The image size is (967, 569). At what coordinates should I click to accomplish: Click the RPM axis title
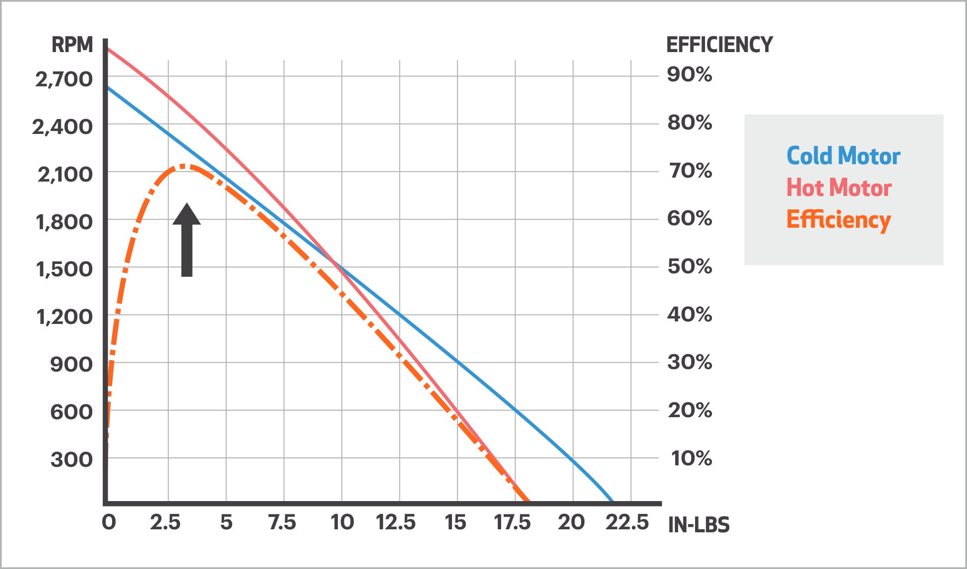[x=72, y=45]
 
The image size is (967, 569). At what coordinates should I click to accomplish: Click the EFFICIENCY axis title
[x=719, y=45]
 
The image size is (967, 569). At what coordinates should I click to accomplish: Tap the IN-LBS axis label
[x=699, y=525]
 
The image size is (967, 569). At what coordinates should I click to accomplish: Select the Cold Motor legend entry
[x=843, y=156]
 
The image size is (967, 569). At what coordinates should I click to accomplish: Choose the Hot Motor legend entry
[x=839, y=188]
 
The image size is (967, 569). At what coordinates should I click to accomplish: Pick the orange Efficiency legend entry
[x=838, y=220]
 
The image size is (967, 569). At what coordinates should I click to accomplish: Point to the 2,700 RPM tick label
[x=64, y=79]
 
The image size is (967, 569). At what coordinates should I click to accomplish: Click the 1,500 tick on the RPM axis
[x=64, y=269]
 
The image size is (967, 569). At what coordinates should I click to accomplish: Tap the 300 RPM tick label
[x=71, y=459]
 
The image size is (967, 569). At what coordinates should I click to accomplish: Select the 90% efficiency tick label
[x=689, y=74]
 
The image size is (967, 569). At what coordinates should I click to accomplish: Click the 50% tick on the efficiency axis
[x=690, y=266]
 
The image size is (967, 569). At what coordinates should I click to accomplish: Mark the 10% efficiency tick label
[x=691, y=458]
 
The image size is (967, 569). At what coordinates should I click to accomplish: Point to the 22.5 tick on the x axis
[x=627, y=522]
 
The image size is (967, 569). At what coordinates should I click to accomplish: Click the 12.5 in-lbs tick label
[x=396, y=522]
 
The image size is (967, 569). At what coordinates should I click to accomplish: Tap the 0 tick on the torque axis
[x=109, y=522]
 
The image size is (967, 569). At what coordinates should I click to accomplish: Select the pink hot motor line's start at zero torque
[x=108, y=49]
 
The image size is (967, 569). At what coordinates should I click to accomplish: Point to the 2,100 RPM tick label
[x=65, y=175]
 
